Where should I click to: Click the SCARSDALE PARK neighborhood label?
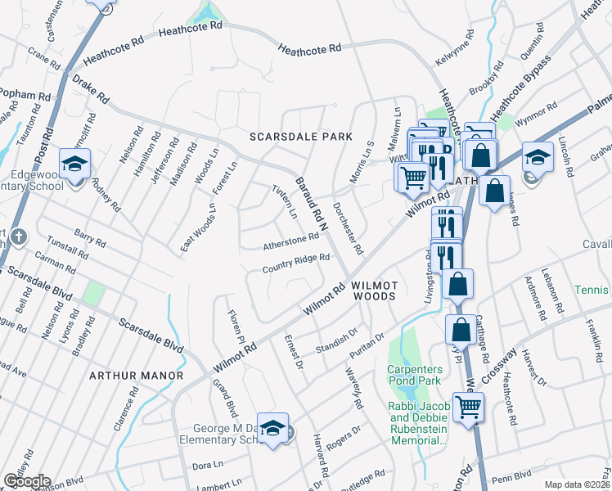(301, 137)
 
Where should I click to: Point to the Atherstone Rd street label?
(290, 241)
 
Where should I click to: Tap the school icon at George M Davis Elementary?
(273, 429)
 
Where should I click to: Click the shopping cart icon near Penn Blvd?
(468, 407)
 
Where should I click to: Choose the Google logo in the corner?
(26, 481)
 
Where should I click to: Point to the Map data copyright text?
(578, 484)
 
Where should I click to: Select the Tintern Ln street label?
(284, 201)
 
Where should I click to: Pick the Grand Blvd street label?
(224, 397)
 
